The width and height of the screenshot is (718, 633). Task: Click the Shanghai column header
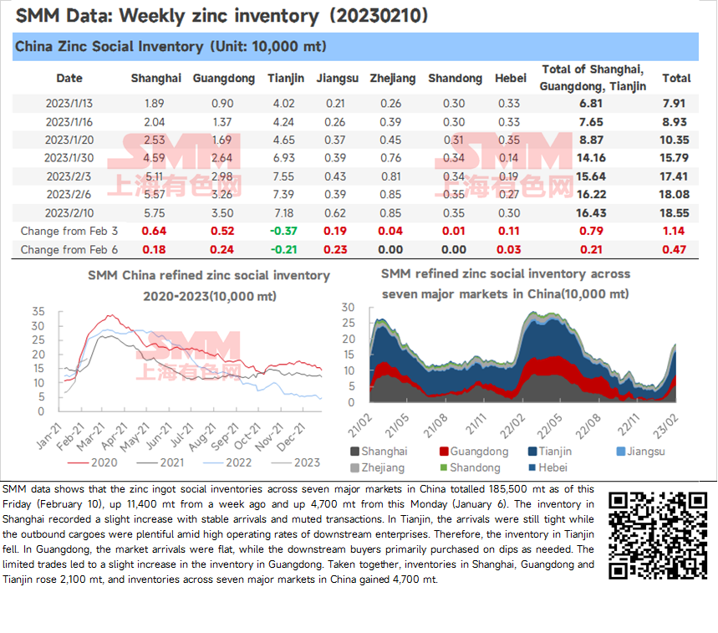[x=156, y=79]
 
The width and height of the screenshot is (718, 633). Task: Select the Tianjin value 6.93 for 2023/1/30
[x=284, y=158]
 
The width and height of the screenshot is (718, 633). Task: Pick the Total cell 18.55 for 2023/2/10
[x=674, y=213]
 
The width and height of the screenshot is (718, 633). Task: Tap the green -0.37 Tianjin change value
[x=284, y=232]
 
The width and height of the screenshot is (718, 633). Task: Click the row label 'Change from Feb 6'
[x=69, y=250]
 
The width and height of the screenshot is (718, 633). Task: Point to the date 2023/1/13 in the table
[x=69, y=104]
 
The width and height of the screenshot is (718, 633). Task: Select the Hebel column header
[x=511, y=79]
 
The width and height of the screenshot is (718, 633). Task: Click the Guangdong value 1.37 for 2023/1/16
[x=222, y=122]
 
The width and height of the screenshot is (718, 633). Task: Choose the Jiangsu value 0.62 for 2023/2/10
[x=335, y=213]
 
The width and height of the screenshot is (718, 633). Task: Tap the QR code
[x=658, y=535]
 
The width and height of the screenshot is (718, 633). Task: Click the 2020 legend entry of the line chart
[x=93, y=462]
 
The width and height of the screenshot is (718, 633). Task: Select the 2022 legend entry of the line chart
[x=227, y=462]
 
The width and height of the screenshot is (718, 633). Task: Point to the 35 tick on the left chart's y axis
[x=38, y=311]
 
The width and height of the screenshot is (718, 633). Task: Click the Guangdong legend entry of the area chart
[x=474, y=452]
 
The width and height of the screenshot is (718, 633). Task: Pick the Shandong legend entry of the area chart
[x=470, y=467]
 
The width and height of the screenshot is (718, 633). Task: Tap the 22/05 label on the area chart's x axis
[x=549, y=426]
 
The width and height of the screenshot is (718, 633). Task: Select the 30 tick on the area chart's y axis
[x=349, y=308]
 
